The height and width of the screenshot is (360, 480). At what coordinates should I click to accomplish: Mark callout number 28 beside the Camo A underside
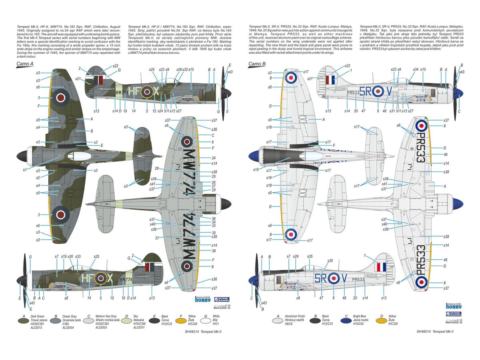tap(156, 168)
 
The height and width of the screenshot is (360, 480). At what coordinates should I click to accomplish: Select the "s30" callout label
tap(330, 261)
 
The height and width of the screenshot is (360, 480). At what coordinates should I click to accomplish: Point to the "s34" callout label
tap(415, 70)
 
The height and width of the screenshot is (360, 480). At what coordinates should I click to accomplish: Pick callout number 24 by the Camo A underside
tap(214, 158)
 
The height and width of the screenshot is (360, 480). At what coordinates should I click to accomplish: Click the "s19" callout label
tap(64, 256)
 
